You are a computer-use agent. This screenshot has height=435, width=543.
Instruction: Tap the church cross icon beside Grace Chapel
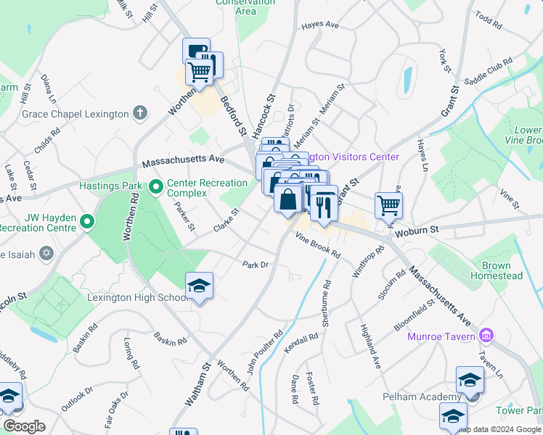[x=140, y=113]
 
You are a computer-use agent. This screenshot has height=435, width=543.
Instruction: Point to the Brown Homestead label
[x=497, y=271]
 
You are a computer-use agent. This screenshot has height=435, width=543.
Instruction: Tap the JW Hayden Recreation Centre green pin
[x=87, y=221]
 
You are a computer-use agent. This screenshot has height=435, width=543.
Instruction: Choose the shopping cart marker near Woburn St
[x=388, y=205]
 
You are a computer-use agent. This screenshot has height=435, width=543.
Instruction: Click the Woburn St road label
[x=417, y=231]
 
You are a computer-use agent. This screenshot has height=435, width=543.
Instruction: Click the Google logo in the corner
[x=24, y=426]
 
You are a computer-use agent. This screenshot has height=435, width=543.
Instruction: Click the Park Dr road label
[x=256, y=265]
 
